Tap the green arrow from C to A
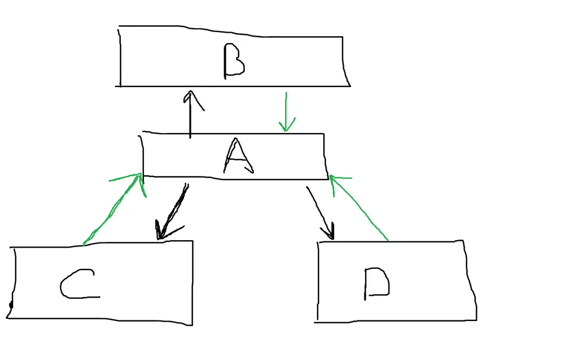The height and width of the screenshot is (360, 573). click(112, 209)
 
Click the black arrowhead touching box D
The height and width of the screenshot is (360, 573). click(329, 232)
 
